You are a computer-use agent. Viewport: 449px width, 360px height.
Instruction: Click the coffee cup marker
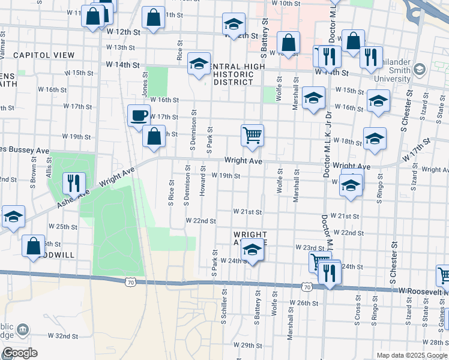click(x=139, y=115)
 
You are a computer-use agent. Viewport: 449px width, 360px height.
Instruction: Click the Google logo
click(x=20, y=352)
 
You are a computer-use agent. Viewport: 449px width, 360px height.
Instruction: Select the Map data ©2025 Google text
click(x=411, y=355)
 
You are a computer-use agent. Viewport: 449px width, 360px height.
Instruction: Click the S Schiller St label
click(x=223, y=306)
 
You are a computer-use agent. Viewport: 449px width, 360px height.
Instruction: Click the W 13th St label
click(x=121, y=47)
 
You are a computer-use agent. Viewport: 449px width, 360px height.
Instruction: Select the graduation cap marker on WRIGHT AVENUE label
click(x=253, y=252)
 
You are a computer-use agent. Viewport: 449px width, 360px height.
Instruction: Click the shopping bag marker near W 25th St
click(x=34, y=245)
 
